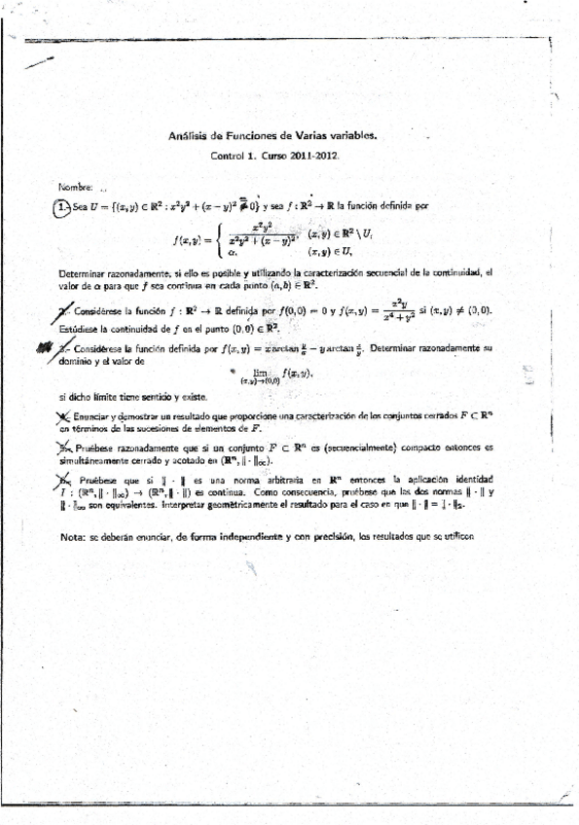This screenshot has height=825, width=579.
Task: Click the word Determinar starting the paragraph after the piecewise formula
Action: (86, 272)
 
